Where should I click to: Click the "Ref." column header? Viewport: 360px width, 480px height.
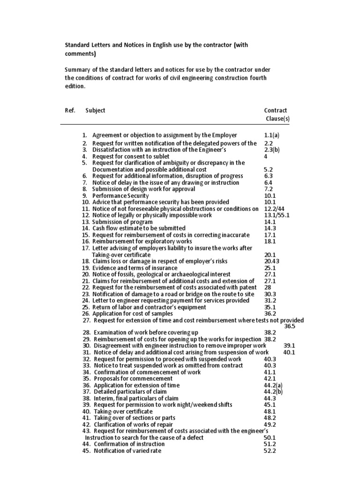pyautogui.click(x=70, y=110)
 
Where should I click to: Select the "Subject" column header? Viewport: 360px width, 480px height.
pyautogui.click(x=95, y=110)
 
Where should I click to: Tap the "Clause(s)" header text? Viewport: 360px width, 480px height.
pyautogui.click(x=277, y=119)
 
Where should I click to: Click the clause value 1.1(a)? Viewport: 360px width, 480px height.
pyautogui.click(x=271, y=135)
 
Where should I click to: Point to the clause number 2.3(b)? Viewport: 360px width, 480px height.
pyautogui.click(x=272, y=150)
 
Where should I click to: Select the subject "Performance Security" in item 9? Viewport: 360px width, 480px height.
pyautogui.click(x=120, y=195)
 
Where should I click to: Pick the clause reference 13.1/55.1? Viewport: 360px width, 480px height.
pyautogui.click(x=277, y=215)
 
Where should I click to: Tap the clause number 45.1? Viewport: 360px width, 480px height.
pyautogui.click(x=270, y=405)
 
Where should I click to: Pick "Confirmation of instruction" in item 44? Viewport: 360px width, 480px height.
pyautogui.click(x=129, y=444)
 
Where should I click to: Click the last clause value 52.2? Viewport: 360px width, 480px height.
pyautogui.click(x=270, y=451)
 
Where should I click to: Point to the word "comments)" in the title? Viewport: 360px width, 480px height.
pyautogui.click(x=79, y=54)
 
